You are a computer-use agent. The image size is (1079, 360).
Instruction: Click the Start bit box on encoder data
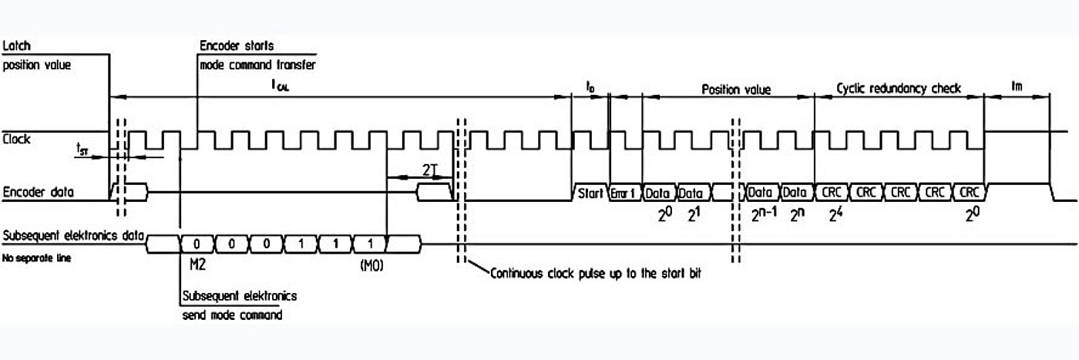(590, 193)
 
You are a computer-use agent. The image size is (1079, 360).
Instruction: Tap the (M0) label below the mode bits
(371, 266)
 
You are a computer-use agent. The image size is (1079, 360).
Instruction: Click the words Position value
(735, 89)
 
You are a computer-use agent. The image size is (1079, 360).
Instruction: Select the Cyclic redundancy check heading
(899, 89)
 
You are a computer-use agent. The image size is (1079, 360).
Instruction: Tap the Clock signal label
(17, 140)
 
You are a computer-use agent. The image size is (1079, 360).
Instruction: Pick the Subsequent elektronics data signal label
(73, 235)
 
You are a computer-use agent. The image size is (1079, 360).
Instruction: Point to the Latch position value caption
(36, 56)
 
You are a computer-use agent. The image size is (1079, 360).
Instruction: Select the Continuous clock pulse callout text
(597, 274)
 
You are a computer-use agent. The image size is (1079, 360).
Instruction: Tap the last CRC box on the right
(969, 193)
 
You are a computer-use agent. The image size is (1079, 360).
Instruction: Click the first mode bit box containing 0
(197, 244)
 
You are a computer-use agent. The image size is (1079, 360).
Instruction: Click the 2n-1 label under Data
(764, 216)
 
